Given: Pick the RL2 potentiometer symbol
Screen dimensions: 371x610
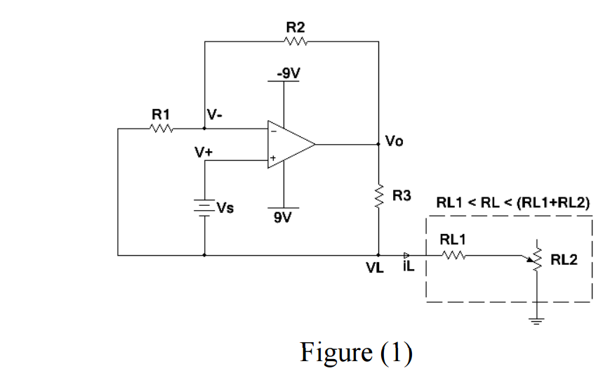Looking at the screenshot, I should (537, 258).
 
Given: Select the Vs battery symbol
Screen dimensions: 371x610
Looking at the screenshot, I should (204, 207).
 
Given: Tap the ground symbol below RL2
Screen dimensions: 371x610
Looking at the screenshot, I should (537, 320).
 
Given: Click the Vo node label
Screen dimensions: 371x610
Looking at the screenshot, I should (394, 141).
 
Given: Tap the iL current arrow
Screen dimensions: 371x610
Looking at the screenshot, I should (406, 255).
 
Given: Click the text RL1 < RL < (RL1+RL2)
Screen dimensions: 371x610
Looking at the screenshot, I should (512, 202).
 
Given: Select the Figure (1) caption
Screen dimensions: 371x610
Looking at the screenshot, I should (356, 353).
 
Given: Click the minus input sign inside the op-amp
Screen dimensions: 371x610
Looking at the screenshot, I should (274, 130).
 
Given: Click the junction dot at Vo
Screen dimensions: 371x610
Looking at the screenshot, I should (378, 144).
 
